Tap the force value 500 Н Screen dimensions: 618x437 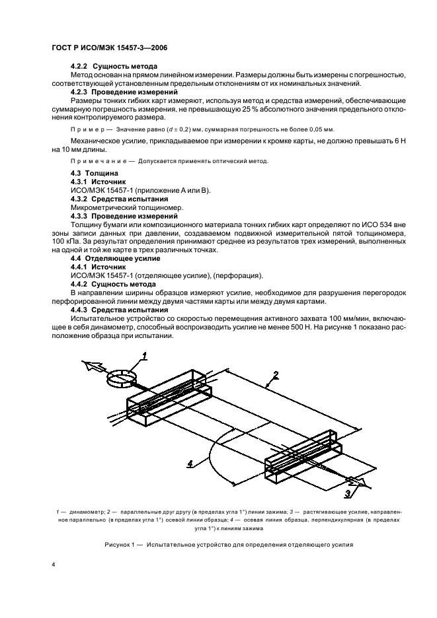click(x=311, y=327)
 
